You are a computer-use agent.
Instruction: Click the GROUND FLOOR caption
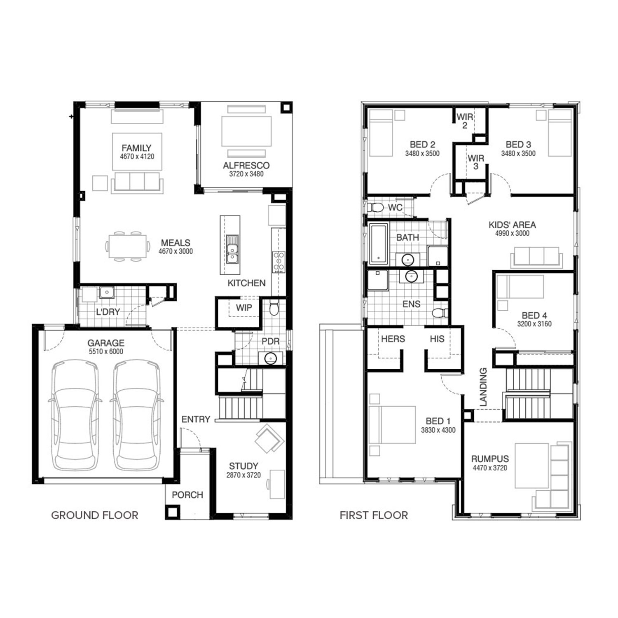pyautogui.click(x=94, y=515)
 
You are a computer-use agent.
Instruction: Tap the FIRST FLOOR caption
pyautogui.click(x=374, y=515)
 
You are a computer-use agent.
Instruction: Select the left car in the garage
pyautogui.click(x=75, y=415)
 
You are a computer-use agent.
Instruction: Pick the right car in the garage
pyautogui.click(x=136, y=415)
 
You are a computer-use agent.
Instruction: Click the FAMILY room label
pyautogui.click(x=136, y=147)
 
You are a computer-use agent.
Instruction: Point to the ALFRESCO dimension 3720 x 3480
pyautogui.click(x=246, y=174)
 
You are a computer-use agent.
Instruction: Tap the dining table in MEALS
pyautogui.click(x=128, y=246)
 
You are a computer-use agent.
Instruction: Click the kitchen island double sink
pyautogui.click(x=232, y=249)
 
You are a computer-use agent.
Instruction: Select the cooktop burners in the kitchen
pyautogui.click(x=279, y=262)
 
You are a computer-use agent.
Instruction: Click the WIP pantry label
pyautogui.click(x=244, y=308)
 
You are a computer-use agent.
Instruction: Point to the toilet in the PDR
pyautogui.click(x=274, y=307)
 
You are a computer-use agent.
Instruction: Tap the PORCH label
pyautogui.click(x=187, y=495)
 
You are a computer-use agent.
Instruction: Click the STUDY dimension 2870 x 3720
pyautogui.click(x=243, y=475)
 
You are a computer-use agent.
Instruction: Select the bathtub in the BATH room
pyautogui.click(x=378, y=244)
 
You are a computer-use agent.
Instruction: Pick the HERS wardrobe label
pyautogui.click(x=393, y=339)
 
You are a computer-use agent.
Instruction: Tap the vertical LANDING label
pyautogui.click(x=483, y=387)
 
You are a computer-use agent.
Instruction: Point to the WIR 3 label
pyautogui.click(x=476, y=162)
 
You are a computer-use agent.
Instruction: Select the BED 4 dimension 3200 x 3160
pyautogui.click(x=534, y=324)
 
